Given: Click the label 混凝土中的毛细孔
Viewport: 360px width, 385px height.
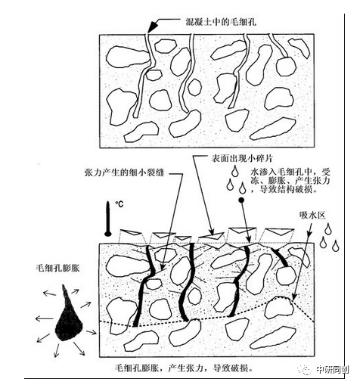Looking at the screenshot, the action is [x=221, y=22].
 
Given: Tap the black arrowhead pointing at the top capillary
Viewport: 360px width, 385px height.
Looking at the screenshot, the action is [x=152, y=26].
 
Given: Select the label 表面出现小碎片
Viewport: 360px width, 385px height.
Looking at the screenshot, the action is [x=242, y=158].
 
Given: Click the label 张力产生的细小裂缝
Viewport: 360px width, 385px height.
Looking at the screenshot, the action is [x=124, y=173].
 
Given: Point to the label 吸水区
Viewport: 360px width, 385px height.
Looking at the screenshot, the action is [x=312, y=216].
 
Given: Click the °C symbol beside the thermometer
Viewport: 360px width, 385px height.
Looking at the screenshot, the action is [x=119, y=203].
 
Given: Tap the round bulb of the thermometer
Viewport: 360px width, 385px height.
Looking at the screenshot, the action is [x=108, y=234].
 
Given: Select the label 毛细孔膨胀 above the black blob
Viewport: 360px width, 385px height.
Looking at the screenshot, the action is [x=57, y=268].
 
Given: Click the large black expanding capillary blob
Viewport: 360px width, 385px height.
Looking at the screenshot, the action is [x=69, y=315].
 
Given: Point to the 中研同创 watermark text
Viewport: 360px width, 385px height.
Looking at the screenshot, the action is [x=333, y=370].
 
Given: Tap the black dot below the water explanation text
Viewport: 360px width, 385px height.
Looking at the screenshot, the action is [x=241, y=200].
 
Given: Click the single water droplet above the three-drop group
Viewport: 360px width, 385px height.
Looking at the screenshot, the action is [x=235, y=171].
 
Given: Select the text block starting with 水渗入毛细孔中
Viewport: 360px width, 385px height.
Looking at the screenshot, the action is [x=290, y=181].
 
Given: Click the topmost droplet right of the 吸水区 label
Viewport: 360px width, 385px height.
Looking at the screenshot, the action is [x=328, y=228].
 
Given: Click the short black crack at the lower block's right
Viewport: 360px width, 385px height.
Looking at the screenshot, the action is [x=280, y=256].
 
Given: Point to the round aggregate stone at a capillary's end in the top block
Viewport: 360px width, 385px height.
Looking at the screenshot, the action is [x=286, y=67].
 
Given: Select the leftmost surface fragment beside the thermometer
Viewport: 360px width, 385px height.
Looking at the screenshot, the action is [x=130, y=232].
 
